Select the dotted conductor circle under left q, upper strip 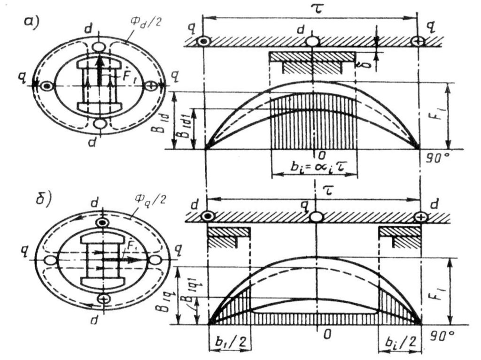tap(203, 41)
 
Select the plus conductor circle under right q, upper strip tap(418, 41)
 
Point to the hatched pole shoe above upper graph tap(312, 57)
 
